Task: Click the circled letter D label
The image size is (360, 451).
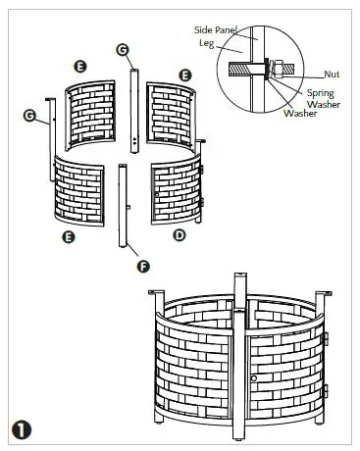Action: [178, 235]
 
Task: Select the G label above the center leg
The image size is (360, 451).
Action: [122, 49]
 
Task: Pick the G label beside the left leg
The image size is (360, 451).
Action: [29, 116]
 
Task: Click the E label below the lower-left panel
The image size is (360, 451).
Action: [68, 236]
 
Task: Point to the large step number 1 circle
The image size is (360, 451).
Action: [21, 428]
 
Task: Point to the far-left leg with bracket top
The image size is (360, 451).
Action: [49, 137]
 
